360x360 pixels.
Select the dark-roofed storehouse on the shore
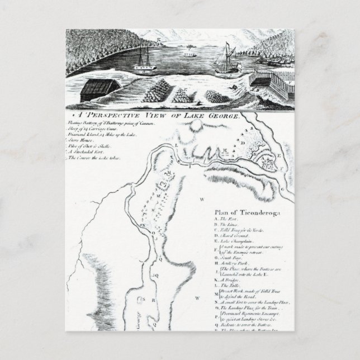[100, 87]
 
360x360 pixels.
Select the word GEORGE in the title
[222, 115]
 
